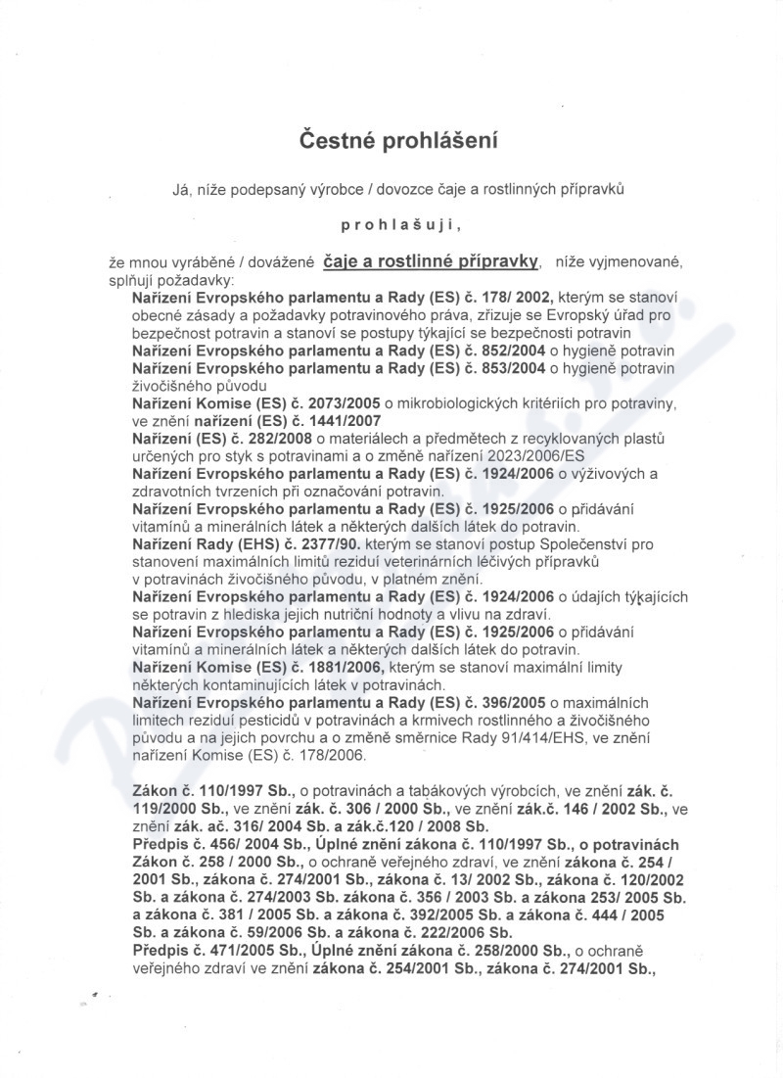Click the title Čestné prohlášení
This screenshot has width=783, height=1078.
point(398,141)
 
